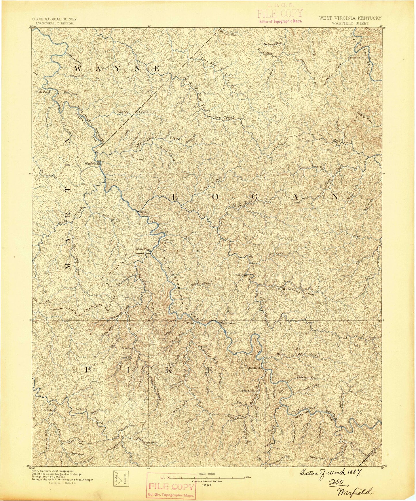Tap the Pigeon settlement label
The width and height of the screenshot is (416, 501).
[144, 211]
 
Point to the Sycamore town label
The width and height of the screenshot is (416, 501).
[228, 323]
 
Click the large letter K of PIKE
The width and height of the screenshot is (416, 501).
[169, 371]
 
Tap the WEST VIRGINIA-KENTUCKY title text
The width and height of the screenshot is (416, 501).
[350, 18]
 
